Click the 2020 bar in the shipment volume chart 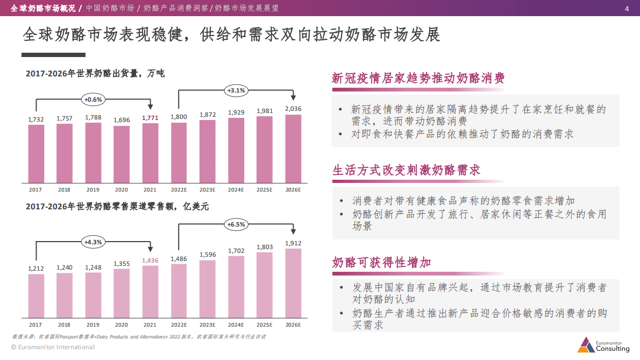pyautogui.click(x=122, y=154)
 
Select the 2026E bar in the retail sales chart pyautogui.click(x=293, y=283)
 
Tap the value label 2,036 pyautogui.click(x=293, y=109)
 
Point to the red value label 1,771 pyautogui.click(x=150, y=117)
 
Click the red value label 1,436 pyautogui.click(x=150, y=260)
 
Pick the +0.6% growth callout pyautogui.click(x=93, y=100)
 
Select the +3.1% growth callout pyautogui.click(x=236, y=90)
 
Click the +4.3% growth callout pyautogui.click(x=93, y=242)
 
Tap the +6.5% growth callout pyautogui.click(x=236, y=224)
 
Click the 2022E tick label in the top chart pyautogui.click(x=179, y=190)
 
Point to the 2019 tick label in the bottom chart pyautogui.click(x=93, y=325)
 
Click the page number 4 pyautogui.click(x=627, y=9)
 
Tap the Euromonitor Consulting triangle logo pyautogui.click(x=585, y=344)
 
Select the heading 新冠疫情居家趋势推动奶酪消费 pyautogui.click(x=418, y=79)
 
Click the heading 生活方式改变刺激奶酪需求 pyautogui.click(x=406, y=171)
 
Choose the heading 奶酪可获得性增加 pyautogui.click(x=381, y=263)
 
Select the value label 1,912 pyautogui.click(x=293, y=243)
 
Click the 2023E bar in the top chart pyautogui.click(x=208, y=151)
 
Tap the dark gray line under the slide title pyautogui.click(x=53, y=55)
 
